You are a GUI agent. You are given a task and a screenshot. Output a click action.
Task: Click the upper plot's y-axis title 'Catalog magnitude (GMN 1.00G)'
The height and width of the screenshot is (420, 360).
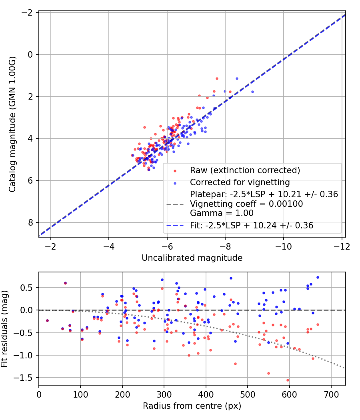pos(12,124)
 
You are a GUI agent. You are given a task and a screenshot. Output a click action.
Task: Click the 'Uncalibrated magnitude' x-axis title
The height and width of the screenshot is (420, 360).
pos(192,258)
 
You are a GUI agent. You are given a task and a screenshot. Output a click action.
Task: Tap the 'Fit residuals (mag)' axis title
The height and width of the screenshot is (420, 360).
pos(4,329)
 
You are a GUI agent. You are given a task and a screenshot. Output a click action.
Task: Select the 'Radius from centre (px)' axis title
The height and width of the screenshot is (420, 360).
pos(192,406)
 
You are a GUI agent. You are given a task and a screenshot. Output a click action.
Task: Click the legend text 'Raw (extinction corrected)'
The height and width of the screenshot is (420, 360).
pos(245,170)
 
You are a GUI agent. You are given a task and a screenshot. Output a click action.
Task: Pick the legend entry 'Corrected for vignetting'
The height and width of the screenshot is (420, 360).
pos(240,182)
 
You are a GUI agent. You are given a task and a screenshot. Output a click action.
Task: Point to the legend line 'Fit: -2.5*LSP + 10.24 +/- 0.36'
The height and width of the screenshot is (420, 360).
pos(252,226)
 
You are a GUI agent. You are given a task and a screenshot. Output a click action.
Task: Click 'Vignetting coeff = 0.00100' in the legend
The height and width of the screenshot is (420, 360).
pos(246,204)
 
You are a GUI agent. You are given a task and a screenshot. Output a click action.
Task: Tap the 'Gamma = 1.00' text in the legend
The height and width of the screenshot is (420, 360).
pos(222,213)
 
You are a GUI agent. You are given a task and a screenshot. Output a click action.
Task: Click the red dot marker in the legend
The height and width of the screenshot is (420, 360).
pos(175,171)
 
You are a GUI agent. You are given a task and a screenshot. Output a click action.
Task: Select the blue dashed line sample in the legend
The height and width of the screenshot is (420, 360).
pos(175,226)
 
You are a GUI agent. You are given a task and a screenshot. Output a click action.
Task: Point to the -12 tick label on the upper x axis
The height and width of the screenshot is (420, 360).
pos(342,246)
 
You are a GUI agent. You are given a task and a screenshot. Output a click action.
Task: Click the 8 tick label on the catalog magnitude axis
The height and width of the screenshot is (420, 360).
pos(30,222)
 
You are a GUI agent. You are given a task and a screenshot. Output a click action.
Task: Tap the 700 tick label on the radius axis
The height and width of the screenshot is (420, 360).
pos(331,394)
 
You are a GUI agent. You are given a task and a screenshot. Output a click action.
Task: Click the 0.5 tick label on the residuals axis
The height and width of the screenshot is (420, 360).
pos(26,288)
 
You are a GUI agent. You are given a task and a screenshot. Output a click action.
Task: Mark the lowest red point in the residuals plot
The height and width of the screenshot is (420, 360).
pos(288,380)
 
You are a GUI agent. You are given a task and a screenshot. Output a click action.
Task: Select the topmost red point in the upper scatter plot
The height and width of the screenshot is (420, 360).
pos(217,79)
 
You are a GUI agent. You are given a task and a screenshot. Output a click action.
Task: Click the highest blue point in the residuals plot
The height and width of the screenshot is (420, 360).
pos(318,278)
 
